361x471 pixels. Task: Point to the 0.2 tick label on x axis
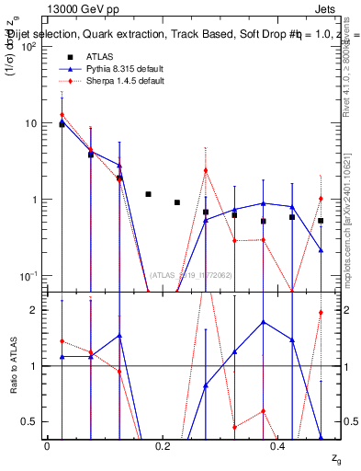[x=163, y=446]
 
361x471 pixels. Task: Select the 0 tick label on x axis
[x=47, y=446]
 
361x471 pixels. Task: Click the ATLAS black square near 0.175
[x=148, y=194]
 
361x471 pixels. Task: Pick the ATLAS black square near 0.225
[x=177, y=202]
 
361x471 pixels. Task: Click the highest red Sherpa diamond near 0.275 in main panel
[x=206, y=169]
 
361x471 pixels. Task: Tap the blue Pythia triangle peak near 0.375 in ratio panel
[x=264, y=322]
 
